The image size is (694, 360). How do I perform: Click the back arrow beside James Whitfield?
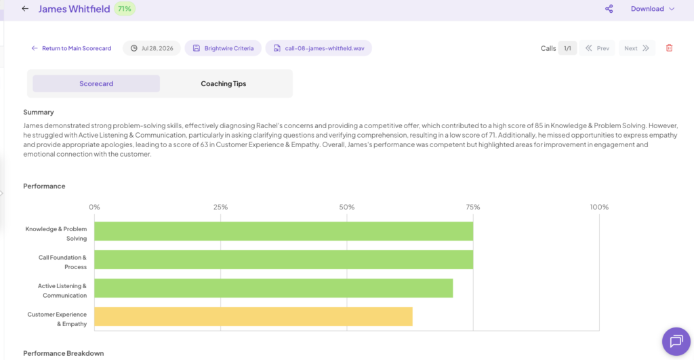pos(25,8)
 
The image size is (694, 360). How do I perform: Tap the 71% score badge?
pos(125,9)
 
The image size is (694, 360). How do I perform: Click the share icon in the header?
pos(609,9)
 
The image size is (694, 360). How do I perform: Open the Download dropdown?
pos(653,9)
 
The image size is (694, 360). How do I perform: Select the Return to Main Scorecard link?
pos(71,48)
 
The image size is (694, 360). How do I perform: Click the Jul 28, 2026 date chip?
pos(152,48)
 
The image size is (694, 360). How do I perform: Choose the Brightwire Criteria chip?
pos(223,48)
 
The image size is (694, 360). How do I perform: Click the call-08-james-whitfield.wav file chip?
pos(319,48)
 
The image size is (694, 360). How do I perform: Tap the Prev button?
pos(597,48)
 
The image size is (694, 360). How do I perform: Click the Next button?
pos(636,48)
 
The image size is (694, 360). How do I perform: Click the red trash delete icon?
pos(669,48)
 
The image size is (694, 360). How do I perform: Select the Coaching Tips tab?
pos(224,83)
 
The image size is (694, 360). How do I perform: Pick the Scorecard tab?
pos(96,83)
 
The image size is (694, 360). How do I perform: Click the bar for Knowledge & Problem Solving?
pos(284,231)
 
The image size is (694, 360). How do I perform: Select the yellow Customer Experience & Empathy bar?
pos(253,317)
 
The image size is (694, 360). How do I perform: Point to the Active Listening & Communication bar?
pos(274,288)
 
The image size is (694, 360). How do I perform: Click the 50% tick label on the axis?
pos(346,207)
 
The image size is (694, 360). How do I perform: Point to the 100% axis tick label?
pos(599,207)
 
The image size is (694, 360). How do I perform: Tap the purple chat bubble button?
pos(676,342)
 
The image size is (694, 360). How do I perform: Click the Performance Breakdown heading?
pos(63,353)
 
